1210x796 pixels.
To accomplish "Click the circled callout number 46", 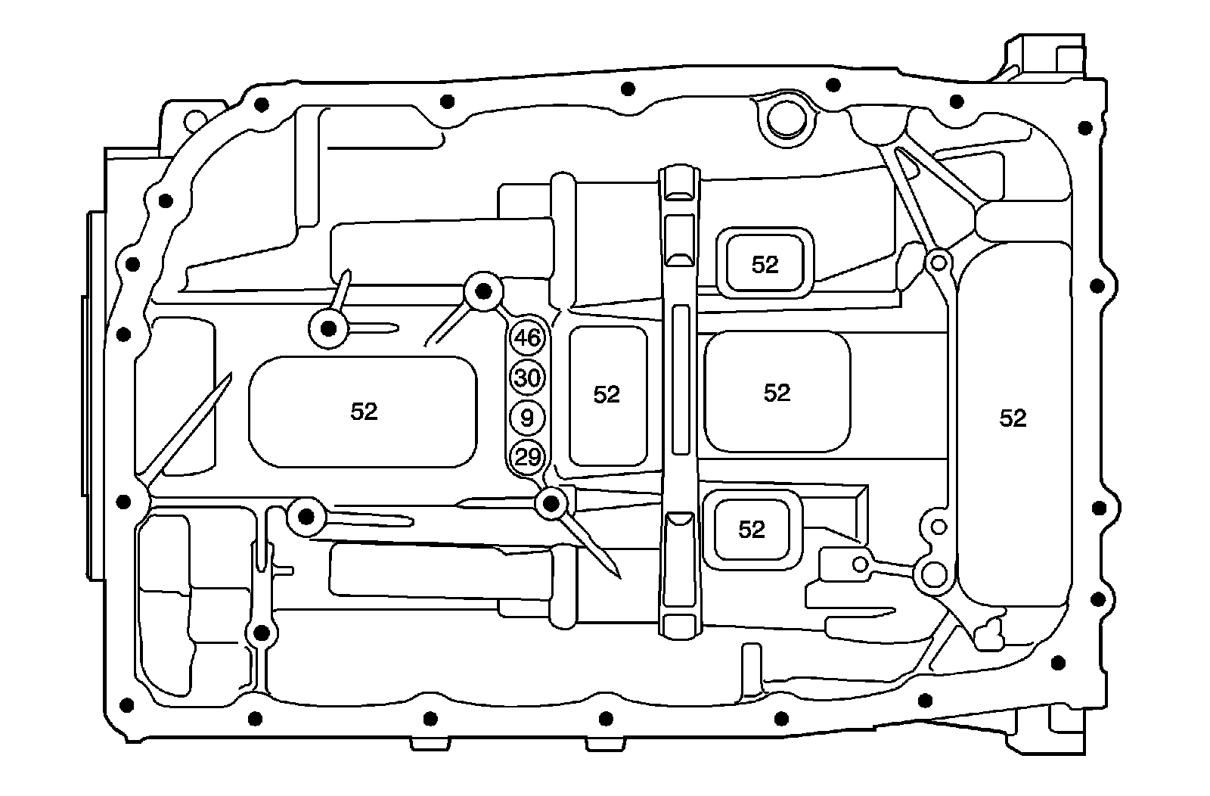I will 527,337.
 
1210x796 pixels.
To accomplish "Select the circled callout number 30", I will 527,378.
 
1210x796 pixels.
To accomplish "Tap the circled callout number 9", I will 527,417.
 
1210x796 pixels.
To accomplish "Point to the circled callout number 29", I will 527,457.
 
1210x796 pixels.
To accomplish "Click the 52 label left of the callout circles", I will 364,411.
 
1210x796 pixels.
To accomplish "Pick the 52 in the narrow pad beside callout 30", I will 607,394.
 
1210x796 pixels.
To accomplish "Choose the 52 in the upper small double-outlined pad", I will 765,264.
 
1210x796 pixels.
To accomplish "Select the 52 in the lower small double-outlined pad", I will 751,529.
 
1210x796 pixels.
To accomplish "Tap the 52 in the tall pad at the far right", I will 1013,418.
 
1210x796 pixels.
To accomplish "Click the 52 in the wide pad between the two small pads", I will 777,393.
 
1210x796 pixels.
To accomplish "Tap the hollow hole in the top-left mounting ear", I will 195,118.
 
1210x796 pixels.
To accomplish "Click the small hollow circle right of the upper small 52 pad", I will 939,263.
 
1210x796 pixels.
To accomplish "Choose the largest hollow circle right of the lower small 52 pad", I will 932,574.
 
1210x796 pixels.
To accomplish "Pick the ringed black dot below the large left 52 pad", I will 306,517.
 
